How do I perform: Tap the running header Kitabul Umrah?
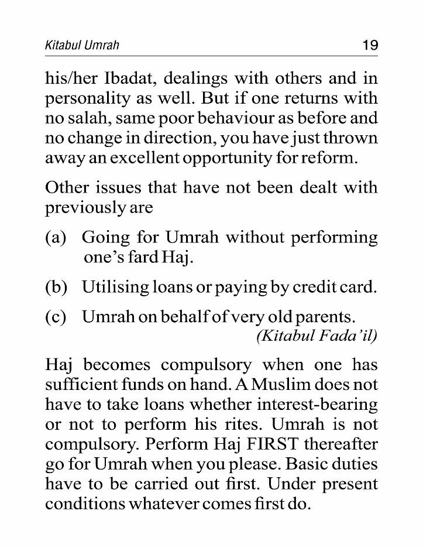(x=82, y=46)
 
